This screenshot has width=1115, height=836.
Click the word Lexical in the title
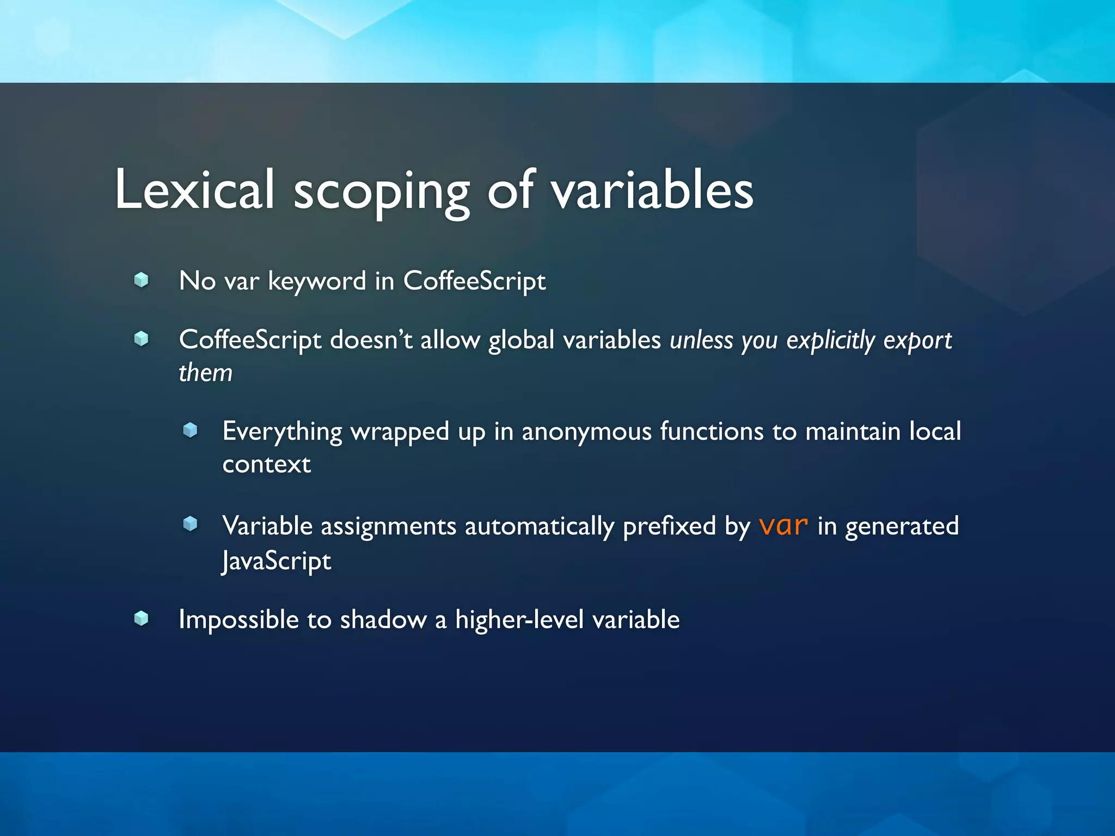pyautogui.click(x=194, y=189)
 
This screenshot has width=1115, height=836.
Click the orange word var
pyautogui.click(x=783, y=526)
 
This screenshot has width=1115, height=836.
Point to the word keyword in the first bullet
pyautogui.click(x=317, y=282)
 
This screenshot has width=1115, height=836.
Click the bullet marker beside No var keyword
pyautogui.click(x=141, y=280)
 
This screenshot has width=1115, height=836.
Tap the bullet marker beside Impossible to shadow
pyautogui.click(x=141, y=618)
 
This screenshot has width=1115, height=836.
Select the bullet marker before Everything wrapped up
pyautogui.click(x=190, y=430)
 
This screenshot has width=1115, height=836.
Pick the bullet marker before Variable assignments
pyautogui.click(x=190, y=524)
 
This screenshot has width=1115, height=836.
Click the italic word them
pyautogui.click(x=205, y=373)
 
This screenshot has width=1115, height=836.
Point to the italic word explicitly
pyautogui.click(x=830, y=341)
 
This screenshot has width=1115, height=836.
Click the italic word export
pyautogui.click(x=917, y=341)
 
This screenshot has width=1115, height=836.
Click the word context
pyautogui.click(x=266, y=465)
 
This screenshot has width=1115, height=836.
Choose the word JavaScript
pyautogui.click(x=276, y=561)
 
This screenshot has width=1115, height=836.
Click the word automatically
pyautogui.click(x=539, y=527)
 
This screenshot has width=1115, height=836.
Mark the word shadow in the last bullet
pyautogui.click(x=383, y=620)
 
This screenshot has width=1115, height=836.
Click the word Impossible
pyautogui.click(x=238, y=620)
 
